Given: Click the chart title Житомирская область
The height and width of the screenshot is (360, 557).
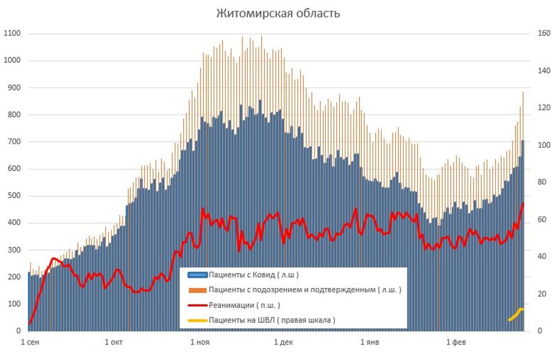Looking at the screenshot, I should (278, 13).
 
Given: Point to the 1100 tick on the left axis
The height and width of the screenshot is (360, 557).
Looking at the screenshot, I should (12, 34).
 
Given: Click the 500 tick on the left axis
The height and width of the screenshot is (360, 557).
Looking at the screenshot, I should (14, 196).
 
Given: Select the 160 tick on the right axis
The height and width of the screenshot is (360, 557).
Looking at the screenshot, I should (544, 34).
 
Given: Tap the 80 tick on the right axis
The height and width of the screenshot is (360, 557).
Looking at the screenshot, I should (542, 182).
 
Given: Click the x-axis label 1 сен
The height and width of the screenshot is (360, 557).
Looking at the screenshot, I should (31, 343).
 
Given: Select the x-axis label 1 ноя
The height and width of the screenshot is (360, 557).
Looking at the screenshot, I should (199, 343).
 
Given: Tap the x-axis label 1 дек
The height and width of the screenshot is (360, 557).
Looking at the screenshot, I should (283, 343).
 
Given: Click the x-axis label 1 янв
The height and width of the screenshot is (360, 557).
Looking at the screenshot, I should (370, 343).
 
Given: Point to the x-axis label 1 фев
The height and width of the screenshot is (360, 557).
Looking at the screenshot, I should (454, 343).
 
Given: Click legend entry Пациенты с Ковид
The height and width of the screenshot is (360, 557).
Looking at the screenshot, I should (253, 275).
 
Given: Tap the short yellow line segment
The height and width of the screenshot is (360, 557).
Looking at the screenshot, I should (516, 314).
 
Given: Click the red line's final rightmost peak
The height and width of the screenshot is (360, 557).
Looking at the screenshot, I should (523, 203).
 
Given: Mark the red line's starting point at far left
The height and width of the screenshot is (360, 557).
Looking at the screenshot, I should (30, 323).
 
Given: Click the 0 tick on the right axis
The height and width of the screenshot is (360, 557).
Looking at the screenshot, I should (540, 331).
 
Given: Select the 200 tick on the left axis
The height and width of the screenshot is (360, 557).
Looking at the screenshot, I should (14, 277).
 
